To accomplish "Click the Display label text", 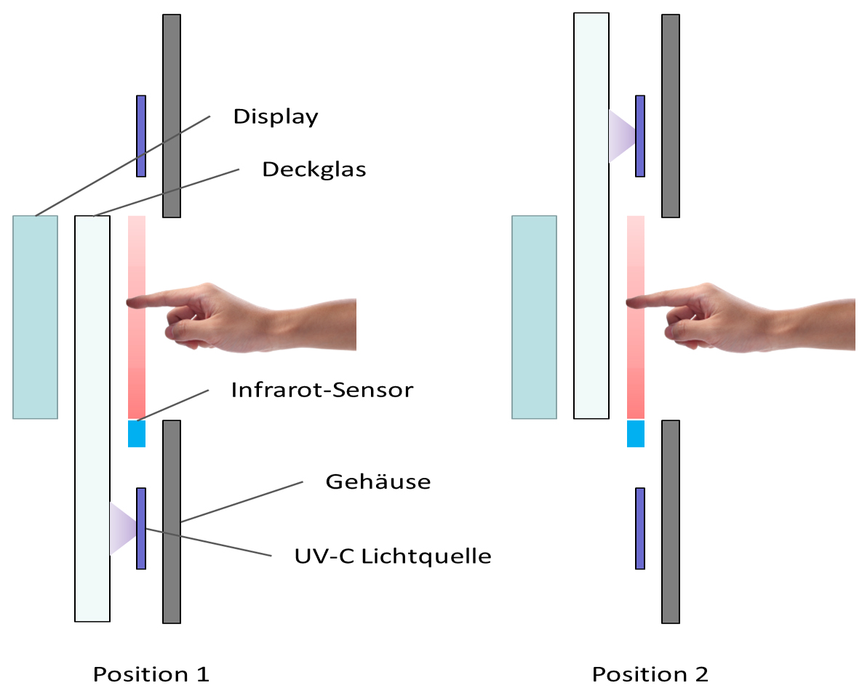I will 276,116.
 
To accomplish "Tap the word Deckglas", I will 314,169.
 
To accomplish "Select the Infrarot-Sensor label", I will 322,390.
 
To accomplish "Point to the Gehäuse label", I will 378,481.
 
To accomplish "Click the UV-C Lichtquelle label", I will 393,556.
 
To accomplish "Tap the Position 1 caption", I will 151,674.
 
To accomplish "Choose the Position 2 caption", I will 650,674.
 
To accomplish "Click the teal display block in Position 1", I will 35,317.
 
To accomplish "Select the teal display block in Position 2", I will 534,317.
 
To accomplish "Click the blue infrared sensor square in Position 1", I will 137,434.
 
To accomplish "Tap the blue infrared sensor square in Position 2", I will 636,434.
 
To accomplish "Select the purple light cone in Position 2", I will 621,135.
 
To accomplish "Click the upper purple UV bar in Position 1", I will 141,136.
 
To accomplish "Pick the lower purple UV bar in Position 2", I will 640,528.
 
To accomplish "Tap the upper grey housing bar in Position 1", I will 171,116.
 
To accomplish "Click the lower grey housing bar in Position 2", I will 670,521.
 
